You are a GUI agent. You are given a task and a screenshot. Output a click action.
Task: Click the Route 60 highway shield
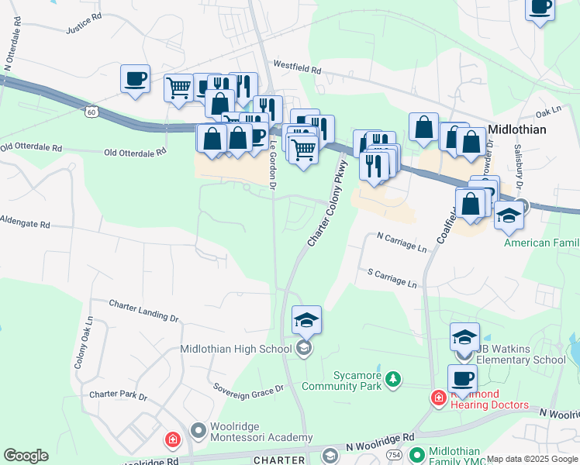(x=91, y=113)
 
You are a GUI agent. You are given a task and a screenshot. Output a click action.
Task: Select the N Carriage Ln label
(x=402, y=242)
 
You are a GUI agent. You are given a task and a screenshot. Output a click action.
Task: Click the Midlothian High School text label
(x=236, y=349)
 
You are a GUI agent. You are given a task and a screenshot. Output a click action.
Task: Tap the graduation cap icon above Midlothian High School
(x=306, y=319)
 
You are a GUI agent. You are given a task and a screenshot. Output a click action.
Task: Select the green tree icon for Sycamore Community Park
(x=395, y=377)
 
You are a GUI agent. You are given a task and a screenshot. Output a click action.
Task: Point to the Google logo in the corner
(x=26, y=456)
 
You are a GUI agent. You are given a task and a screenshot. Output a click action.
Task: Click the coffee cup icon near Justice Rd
(x=135, y=79)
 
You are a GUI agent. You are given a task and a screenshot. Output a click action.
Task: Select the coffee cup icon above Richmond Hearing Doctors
(x=462, y=379)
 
